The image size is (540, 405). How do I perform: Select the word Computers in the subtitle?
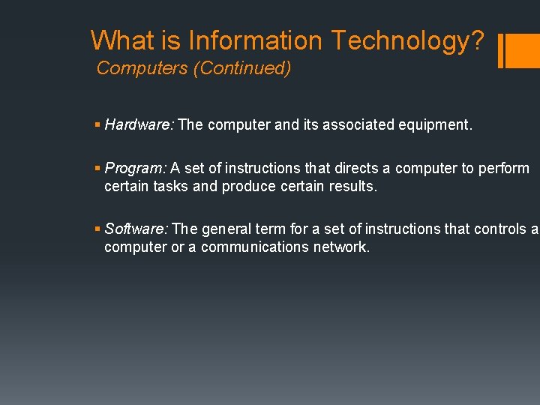[142, 68]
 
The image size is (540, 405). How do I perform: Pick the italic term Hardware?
[139, 124]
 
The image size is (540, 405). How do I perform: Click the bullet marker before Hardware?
[99, 124]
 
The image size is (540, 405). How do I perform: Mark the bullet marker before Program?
[99, 168]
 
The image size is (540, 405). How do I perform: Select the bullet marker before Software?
[99, 229]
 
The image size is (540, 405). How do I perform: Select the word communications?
[254, 247]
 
